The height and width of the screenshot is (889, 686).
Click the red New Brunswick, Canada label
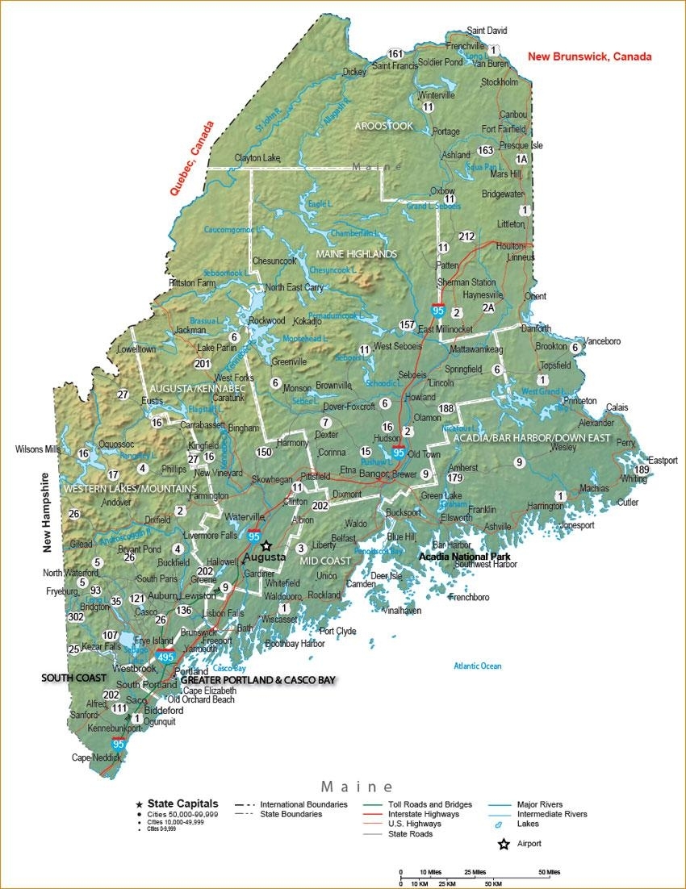(589, 56)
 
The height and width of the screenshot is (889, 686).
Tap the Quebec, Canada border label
(192, 159)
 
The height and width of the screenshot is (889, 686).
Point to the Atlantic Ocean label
(477, 666)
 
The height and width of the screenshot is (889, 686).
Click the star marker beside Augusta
(266, 546)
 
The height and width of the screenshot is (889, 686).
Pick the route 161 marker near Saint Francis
(395, 54)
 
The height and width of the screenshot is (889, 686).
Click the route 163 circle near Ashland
(485, 150)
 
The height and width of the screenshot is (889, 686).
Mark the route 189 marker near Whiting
(642, 470)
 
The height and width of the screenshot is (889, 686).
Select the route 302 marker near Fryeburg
(77, 616)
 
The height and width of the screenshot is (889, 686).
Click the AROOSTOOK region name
(383, 126)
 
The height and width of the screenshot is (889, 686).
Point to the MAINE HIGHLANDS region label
(356, 254)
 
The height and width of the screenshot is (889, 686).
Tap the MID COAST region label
(325, 560)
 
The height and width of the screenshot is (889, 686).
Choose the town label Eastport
(662, 461)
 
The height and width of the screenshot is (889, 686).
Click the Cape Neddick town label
(96, 758)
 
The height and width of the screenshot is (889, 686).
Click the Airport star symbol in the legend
(504, 845)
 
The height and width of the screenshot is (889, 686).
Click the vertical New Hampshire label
(47, 512)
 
